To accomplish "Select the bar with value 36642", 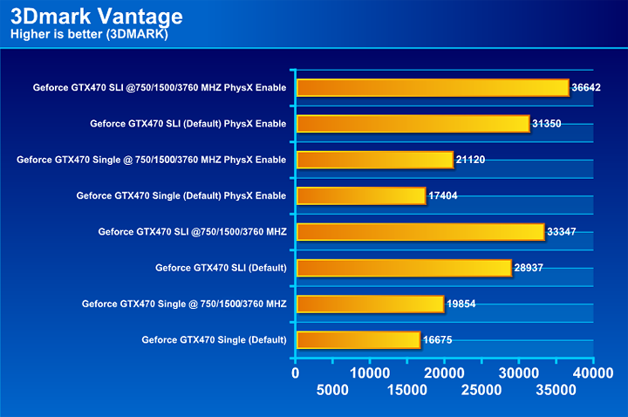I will (433, 87).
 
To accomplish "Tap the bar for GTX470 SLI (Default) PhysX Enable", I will (413, 123).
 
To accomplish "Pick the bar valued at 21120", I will (375, 159).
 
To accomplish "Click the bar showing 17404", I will (361, 195).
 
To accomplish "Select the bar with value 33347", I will (420, 231).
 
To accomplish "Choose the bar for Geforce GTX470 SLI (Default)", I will (404, 268).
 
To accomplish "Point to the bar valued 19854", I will (370, 304).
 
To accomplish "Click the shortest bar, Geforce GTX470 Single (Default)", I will (358, 339).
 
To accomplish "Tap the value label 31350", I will (551, 124).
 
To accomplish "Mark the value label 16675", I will (441, 340).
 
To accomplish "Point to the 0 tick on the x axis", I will (297, 373).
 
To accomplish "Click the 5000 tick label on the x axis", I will (334, 390).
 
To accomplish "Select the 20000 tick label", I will (445, 373).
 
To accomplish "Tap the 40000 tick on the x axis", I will (593, 373).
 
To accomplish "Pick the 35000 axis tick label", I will (556, 390).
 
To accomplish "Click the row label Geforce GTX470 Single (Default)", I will (214, 340).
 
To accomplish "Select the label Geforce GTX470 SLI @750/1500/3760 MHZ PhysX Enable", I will (160, 87).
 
